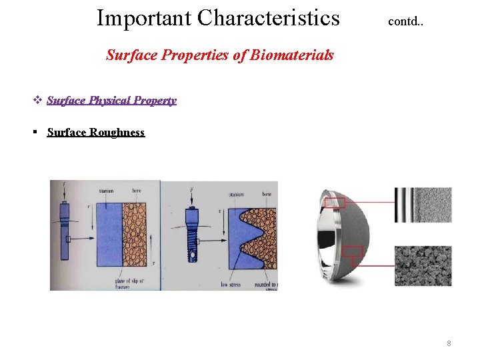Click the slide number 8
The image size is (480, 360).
(x=449, y=343)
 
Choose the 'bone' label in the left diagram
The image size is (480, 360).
(x=136, y=190)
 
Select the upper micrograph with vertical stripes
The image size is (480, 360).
(x=422, y=205)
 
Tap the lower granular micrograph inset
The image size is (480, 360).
(x=422, y=265)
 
